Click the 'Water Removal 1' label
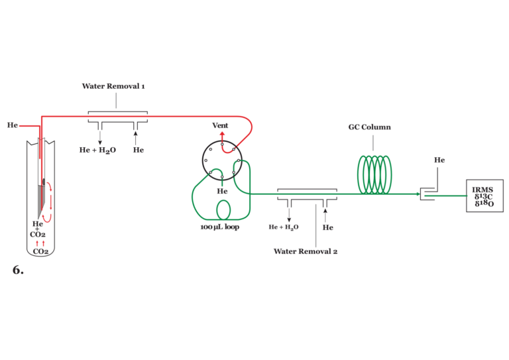tap(113, 86)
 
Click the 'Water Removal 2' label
tap(306, 251)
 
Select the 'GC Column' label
tap(370, 127)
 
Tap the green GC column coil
tap(374, 174)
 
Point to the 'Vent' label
tap(220, 125)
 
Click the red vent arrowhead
tap(222, 134)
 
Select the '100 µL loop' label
tap(219, 227)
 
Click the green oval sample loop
tap(224, 210)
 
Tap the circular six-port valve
tap(222, 160)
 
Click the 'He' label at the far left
tap(13, 125)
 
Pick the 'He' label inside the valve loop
tap(223, 192)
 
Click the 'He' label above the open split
tap(439, 160)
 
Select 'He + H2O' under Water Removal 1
tap(97, 150)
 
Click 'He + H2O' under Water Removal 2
tap(284, 227)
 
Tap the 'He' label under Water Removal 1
tap(138, 150)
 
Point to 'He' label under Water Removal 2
tap(327, 227)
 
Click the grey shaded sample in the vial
tap(42, 202)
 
